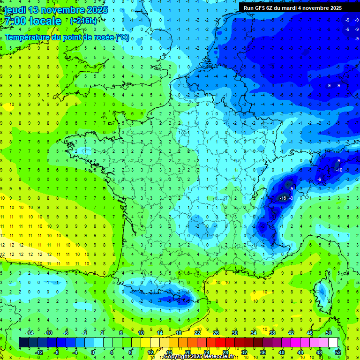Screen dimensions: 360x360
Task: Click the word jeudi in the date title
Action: [14, 10]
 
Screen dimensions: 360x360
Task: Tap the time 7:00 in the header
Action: [15, 21]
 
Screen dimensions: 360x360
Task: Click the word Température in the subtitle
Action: [25, 37]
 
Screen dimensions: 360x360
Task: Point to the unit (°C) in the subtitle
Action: [122, 37]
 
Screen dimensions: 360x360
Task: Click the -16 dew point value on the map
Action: [283, 198]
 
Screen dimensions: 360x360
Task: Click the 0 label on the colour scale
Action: [93, 352]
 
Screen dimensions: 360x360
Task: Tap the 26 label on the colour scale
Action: [216, 333]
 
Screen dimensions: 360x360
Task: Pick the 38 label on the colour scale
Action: [272, 333]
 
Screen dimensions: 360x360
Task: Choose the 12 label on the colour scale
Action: [150, 352]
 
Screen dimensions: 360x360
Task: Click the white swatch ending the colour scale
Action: [333, 343]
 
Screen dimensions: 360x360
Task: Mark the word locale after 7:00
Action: [45, 21]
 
